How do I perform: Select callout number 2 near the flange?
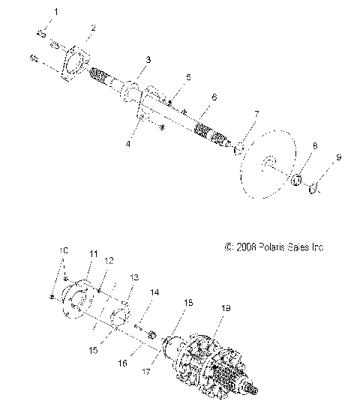[92, 28]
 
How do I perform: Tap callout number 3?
[148, 58]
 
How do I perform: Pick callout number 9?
[338, 159]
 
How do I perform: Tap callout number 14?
[154, 292]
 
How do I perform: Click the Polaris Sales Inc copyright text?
[274, 246]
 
